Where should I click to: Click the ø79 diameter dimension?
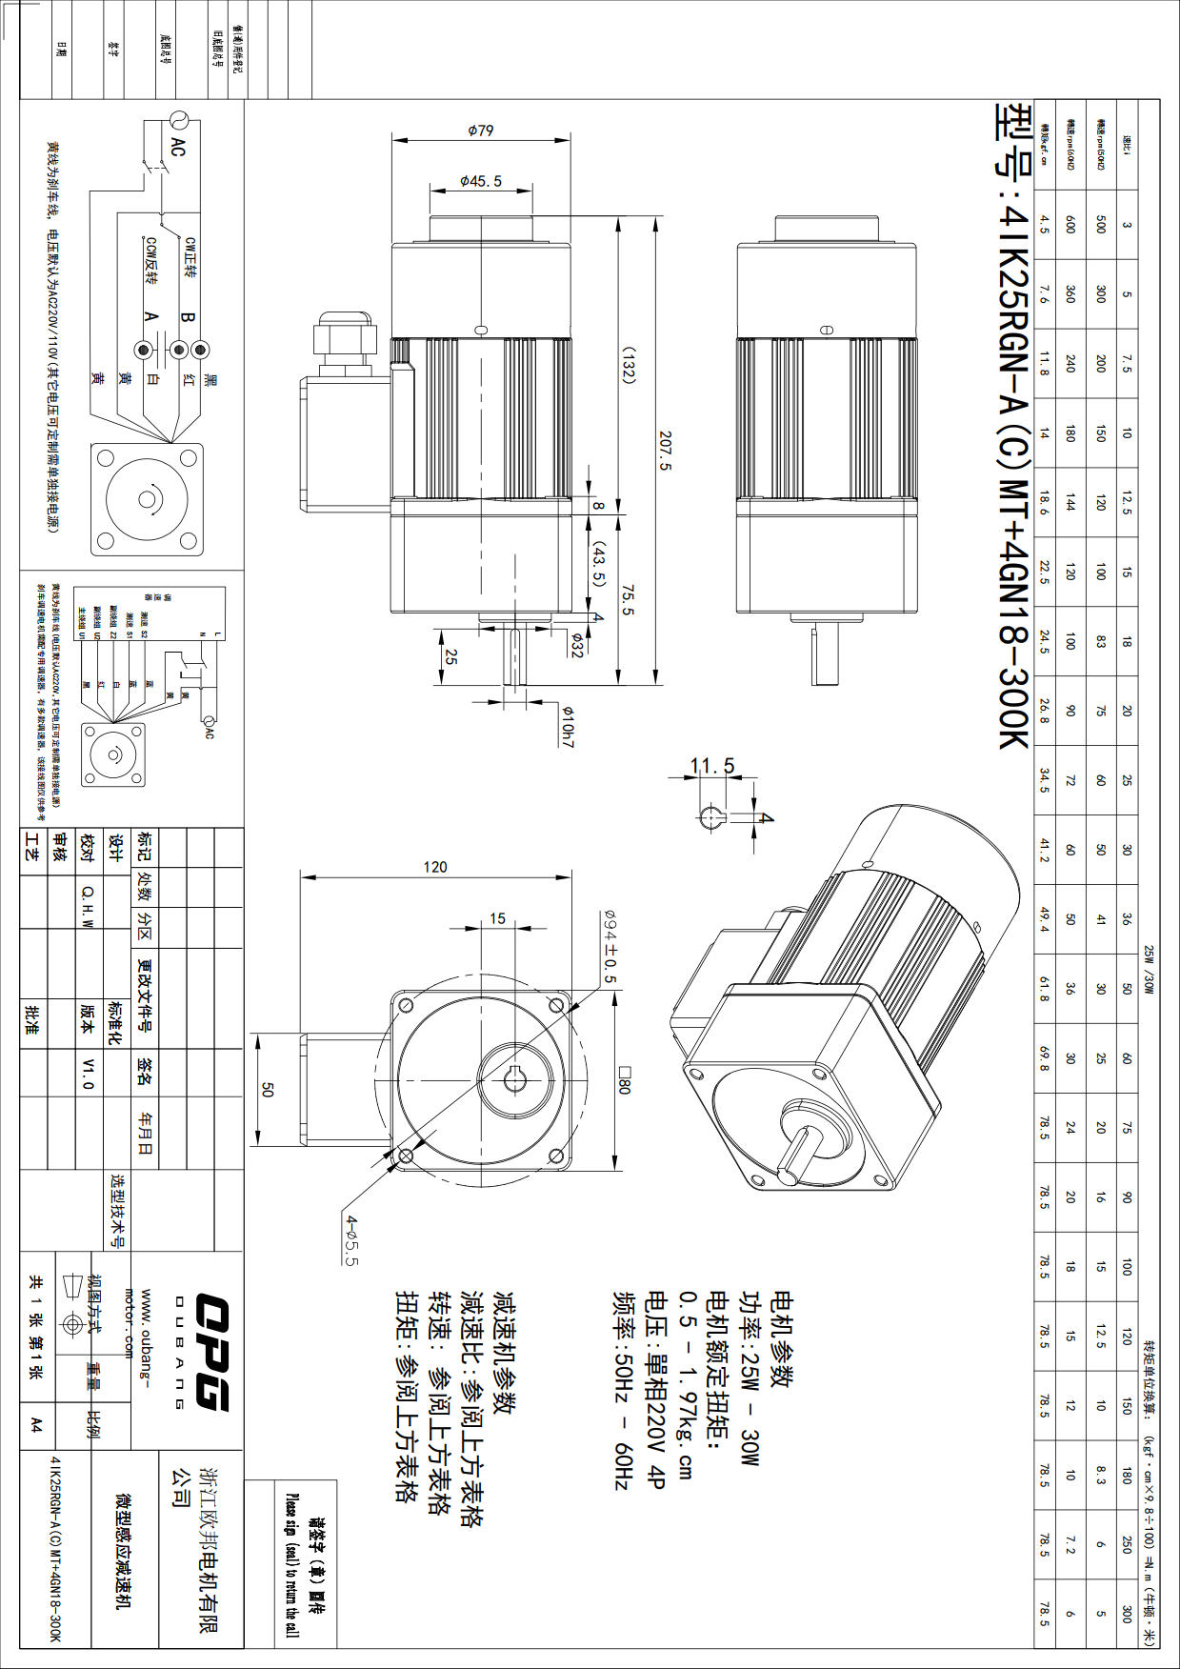click(x=481, y=131)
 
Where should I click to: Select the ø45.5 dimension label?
click(x=480, y=180)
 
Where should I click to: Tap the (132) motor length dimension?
click(x=629, y=362)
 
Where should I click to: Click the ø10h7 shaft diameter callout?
click(x=568, y=726)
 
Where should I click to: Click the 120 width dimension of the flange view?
click(x=435, y=867)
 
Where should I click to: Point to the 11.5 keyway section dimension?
click(x=712, y=766)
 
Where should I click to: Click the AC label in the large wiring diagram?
click(x=178, y=147)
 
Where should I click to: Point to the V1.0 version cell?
click(x=88, y=1073)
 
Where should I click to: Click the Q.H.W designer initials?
click(x=88, y=904)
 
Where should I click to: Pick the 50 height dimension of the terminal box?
click(x=267, y=1090)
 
